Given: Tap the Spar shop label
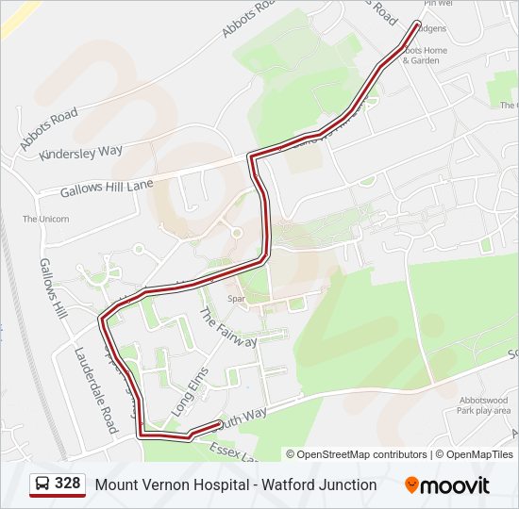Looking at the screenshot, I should point(236,300).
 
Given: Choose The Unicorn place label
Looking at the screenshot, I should point(46,220).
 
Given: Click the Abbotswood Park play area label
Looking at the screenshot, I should point(483,405).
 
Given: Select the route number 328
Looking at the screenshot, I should point(67,484).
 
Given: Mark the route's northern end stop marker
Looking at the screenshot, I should point(417,25).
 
